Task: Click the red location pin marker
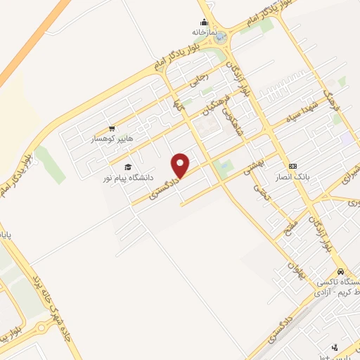coord(181,166)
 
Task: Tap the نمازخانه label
coord(202,32)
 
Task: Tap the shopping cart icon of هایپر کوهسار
coord(111,129)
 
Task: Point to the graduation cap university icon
coord(127,167)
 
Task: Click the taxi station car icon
coord(340,271)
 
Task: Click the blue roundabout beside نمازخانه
coord(221,37)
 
